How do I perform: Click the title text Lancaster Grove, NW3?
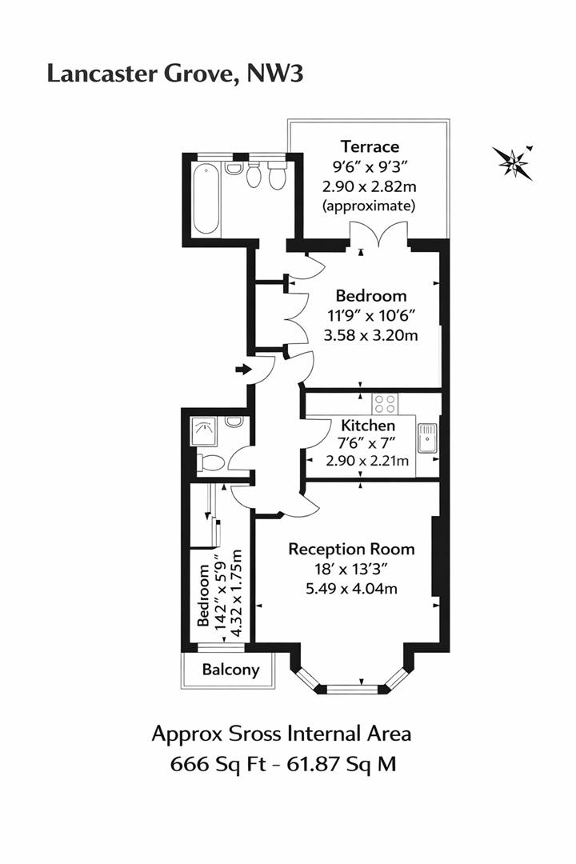(175, 74)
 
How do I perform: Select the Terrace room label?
(370, 146)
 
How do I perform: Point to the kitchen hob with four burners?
(384, 402)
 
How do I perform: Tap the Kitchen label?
(368, 426)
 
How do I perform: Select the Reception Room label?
(351, 549)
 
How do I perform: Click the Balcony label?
(230, 669)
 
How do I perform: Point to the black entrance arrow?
(243, 369)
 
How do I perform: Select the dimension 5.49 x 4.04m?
(351, 589)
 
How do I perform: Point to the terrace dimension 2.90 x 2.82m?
(370, 186)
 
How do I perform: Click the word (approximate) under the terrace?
(370, 206)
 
